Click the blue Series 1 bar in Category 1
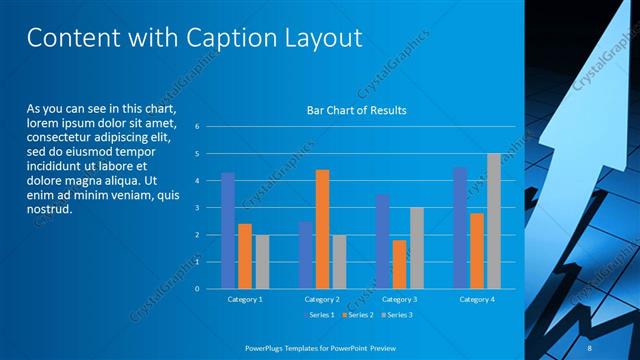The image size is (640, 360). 228,230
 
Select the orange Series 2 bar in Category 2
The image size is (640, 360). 322,229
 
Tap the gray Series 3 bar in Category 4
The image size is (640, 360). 494,221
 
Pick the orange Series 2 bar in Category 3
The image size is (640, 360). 399,264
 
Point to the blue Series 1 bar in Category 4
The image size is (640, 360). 460,228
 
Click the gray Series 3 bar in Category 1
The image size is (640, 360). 262,262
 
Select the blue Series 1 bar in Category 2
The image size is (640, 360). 305,255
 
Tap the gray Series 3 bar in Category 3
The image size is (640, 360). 416,248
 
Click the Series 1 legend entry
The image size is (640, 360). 321,315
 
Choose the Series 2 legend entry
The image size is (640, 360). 359,315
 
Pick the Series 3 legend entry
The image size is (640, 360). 396,315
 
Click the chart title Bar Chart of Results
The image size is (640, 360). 356,110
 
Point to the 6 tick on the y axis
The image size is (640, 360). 198,127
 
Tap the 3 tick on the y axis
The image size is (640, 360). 198,208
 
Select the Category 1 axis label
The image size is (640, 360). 245,299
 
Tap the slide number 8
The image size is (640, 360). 590,347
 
